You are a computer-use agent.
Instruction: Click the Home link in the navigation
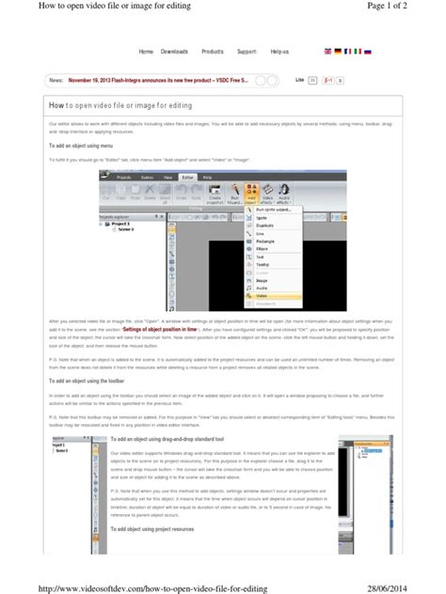[146, 51]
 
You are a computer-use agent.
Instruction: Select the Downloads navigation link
[175, 51]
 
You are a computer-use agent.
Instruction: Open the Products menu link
[213, 51]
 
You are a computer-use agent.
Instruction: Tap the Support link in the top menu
[247, 51]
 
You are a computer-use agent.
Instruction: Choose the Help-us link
[280, 51]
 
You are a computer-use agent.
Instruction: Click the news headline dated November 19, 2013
[156, 81]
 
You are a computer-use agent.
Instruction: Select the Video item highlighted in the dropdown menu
[262, 295]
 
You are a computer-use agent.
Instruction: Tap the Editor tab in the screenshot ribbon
[188, 176]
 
